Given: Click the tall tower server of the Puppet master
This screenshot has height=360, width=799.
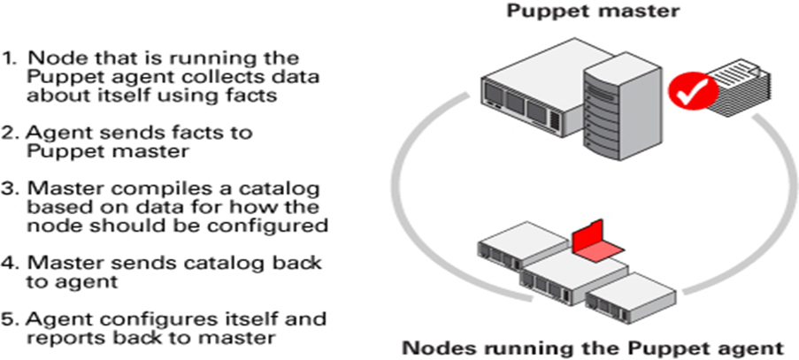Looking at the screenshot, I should pos(619,105).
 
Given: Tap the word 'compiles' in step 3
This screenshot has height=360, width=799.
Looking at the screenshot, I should pos(134,190).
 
